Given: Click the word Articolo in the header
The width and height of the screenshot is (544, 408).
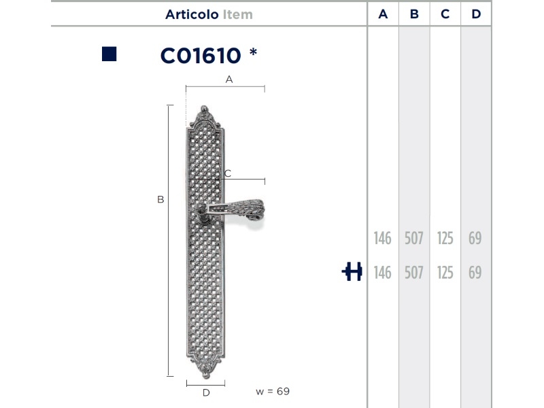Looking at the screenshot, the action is click(x=192, y=14).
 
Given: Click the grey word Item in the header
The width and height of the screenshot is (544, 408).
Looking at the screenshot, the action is click(x=238, y=14).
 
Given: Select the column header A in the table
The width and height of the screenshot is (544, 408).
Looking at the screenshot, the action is click(x=383, y=14).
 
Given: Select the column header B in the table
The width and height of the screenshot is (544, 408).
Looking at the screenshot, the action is click(x=414, y=14).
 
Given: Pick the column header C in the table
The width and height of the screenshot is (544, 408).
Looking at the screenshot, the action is click(x=445, y=14).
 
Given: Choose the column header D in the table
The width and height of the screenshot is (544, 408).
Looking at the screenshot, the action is click(x=476, y=14).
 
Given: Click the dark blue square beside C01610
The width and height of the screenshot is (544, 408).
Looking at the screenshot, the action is click(x=109, y=54).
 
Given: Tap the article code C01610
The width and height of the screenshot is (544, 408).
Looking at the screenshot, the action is click(x=201, y=56).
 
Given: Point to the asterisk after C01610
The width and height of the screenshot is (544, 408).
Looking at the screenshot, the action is click(x=253, y=52).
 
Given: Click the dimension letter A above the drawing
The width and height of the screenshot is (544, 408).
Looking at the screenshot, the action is click(x=229, y=80).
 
